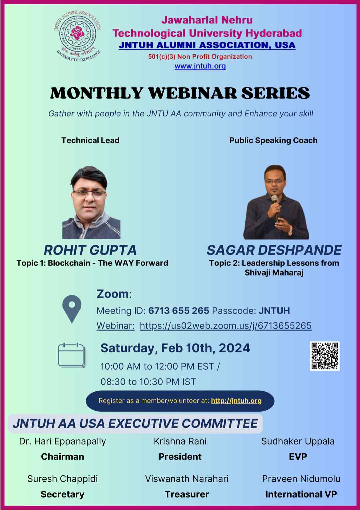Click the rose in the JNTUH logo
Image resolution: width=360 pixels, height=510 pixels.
click(77, 33)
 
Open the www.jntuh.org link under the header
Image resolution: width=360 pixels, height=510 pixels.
click(200, 66)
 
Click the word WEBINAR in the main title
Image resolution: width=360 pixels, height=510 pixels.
click(193, 93)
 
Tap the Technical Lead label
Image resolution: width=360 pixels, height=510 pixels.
click(90, 140)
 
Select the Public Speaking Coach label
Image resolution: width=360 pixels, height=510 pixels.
click(273, 140)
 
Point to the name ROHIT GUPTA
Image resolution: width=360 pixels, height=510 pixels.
click(90, 250)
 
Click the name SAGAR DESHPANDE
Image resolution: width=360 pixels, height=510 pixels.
click(274, 250)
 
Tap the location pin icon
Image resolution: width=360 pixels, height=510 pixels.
click(72, 309)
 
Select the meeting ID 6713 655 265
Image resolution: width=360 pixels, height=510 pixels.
click(179, 311)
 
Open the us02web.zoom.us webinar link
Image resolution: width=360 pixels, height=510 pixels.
click(226, 326)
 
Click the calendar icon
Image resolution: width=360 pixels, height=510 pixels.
click(72, 355)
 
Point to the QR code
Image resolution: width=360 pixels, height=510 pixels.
click(325, 356)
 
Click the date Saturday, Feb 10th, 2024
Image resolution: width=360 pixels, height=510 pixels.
click(175, 348)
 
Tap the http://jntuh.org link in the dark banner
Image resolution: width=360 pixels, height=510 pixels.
click(236, 401)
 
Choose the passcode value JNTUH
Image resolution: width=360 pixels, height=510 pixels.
click(274, 311)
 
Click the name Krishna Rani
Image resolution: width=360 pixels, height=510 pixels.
click(180, 441)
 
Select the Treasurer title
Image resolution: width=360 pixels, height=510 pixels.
click(187, 494)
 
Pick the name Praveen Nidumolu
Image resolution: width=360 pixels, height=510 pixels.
click(301, 479)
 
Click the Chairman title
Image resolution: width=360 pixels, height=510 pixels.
click(63, 457)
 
